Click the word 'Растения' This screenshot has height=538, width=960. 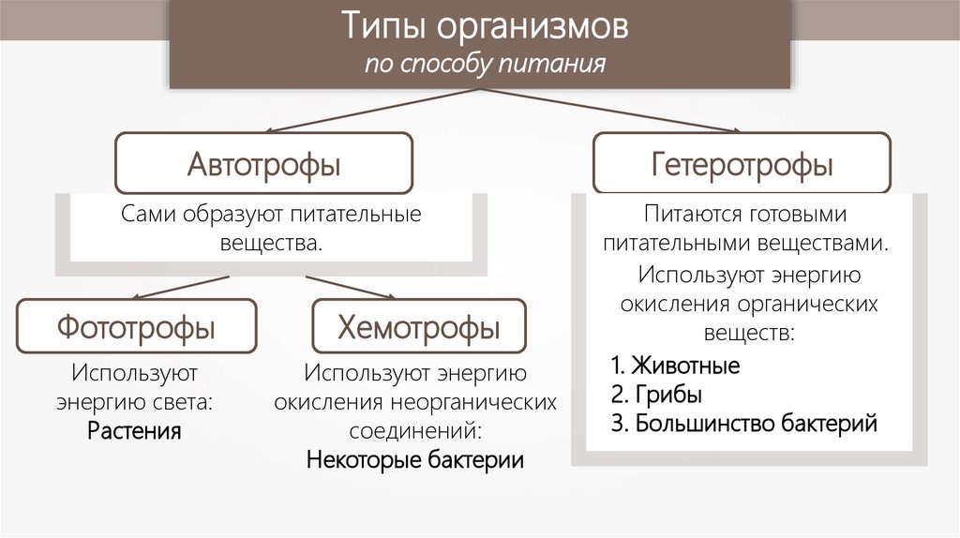(134, 432)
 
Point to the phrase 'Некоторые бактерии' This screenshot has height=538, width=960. (414, 461)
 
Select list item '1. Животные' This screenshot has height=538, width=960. (674, 365)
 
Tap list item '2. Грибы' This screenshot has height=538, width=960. (655, 394)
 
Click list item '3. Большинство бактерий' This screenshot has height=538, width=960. (742, 423)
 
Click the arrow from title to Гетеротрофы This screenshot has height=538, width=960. (609, 111)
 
